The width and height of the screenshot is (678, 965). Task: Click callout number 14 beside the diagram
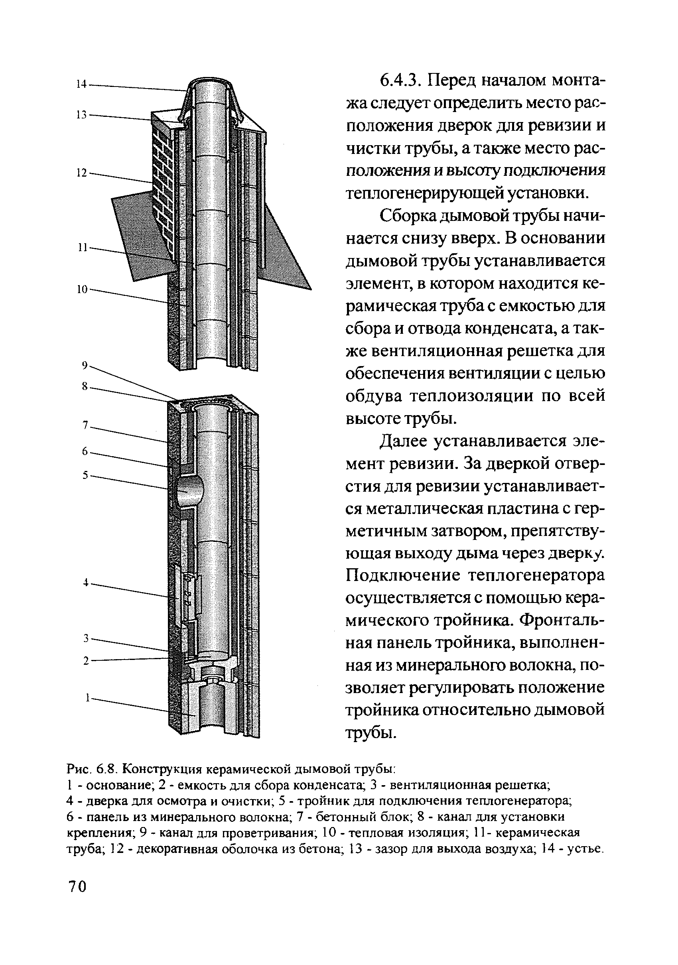tap(81, 84)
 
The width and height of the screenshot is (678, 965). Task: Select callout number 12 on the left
tap(81, 173)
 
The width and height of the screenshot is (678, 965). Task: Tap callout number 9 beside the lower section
tap(85, 366)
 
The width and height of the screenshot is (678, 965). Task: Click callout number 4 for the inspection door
tap(85, 583)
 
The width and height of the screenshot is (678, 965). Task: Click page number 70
tap(77, 886)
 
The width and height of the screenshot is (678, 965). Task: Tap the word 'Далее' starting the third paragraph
tap(404, 441)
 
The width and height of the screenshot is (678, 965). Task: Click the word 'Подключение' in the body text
tap(403, 575)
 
